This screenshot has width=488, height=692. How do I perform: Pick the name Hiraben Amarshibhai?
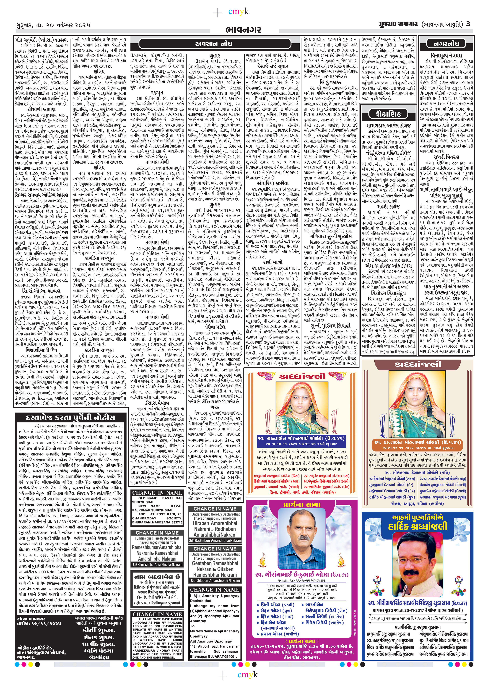pyautogui.click(x=215, y=523)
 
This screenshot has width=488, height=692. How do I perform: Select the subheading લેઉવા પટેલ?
pyautogui.click(x=215, y=326)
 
